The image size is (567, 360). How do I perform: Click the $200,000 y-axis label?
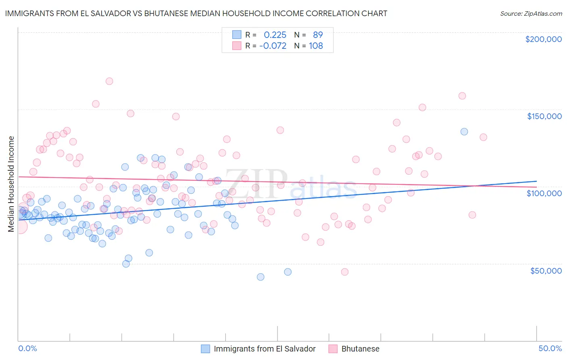(543, 39)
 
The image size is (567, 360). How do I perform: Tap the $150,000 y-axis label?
(544, 116)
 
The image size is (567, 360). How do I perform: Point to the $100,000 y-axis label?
(544, 193)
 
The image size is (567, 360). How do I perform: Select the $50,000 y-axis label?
(546, 271)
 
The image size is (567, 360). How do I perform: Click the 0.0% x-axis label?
(27, 349)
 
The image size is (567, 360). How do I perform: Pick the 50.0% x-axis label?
(550, 349)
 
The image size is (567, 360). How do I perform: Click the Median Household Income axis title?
(11, 184)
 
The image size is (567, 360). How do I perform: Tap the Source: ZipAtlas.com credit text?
(531, 14)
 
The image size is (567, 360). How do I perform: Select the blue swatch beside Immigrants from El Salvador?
(205, 349)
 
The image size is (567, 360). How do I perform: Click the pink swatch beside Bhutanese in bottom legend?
(333, 349)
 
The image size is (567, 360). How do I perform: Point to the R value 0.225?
(275, 35)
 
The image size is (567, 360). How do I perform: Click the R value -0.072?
(273, 46)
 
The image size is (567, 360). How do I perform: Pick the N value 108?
(316, 46)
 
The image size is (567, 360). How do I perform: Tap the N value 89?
(318, 35)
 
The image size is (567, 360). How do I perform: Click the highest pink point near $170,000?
(109, 81)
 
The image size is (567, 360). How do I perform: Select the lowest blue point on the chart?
(261, 277)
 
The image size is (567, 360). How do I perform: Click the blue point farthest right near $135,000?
(464, 132)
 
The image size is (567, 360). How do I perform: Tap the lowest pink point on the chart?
(345, 272)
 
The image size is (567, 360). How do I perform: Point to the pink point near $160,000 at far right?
(462, 96)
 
